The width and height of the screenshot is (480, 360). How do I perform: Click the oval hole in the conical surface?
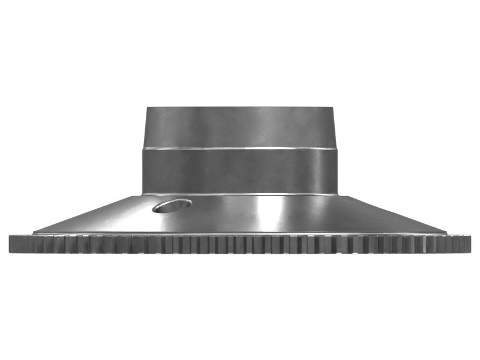[172, 206]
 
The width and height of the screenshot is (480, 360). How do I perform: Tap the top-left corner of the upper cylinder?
[147, 107]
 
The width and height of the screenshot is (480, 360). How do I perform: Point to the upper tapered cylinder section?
[240, 127]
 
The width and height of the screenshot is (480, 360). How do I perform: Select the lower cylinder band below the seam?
[240, 171]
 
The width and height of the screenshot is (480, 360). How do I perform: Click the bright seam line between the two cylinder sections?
[240, 148]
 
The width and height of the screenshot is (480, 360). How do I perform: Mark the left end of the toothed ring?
[10, 244]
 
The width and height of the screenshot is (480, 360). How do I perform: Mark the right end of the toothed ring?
[470, 244]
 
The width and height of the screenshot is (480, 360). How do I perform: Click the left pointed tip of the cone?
[34, 232]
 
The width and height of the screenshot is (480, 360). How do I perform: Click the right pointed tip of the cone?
[446, 232]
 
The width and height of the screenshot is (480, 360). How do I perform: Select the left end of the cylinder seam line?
[142, 149]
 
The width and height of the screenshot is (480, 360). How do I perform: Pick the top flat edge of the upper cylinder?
[240, 107]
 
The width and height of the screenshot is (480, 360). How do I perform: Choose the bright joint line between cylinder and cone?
[240, 194]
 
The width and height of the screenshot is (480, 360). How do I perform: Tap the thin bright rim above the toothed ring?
[240, 234]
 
